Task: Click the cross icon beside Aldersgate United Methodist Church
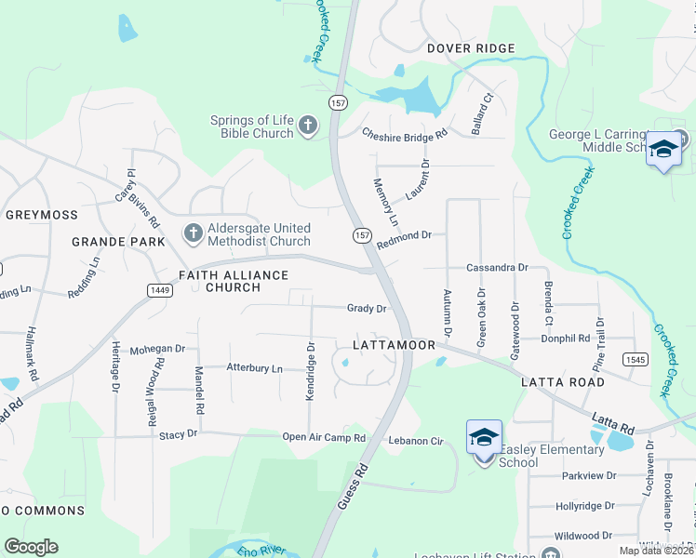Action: tap(194, 233)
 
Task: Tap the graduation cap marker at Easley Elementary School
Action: tap(484, 438)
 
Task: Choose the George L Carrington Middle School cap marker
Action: tap(663, 151)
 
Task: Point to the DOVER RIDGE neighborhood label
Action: tap(470, 48)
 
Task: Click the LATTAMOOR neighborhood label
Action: tap(395, 345)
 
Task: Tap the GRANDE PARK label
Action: tap(118, 242)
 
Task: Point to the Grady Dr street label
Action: tap(366, 308)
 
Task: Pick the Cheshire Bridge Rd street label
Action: tap(405, 134)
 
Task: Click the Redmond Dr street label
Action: tap(404, 235)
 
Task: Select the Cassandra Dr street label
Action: tap(497, 267)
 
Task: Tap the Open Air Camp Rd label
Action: tap(324, 437)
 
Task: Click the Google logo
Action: tap(32, 547)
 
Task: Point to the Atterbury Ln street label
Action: tap(254, 368)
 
